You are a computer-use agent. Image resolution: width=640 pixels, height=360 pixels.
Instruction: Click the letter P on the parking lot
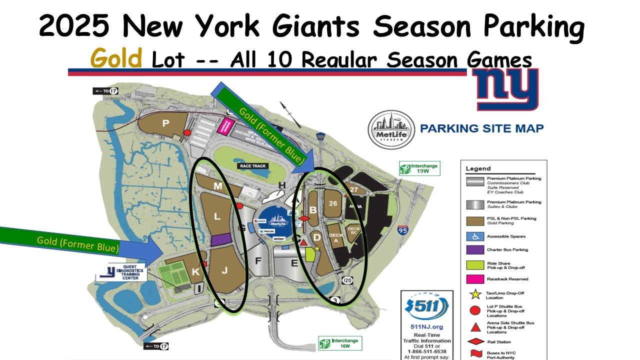click(165, 122)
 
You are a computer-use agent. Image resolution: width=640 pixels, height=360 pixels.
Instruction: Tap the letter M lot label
click(218, 186)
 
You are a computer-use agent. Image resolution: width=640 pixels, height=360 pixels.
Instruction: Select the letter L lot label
click(217, 216)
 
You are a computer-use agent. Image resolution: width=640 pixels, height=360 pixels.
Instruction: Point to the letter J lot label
click(224, 270)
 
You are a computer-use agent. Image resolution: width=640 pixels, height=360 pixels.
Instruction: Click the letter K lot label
click(196, 272)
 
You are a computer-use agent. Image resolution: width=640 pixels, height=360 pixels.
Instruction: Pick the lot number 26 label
click(334, 203)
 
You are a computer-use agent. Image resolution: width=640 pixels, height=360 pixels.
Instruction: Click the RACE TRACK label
click(253, 166)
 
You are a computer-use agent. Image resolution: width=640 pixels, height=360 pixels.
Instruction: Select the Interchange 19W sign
click(420, 168)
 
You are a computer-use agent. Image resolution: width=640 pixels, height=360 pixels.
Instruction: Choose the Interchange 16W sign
click(340, 343)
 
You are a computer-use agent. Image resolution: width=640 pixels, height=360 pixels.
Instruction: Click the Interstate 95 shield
click(403, 230)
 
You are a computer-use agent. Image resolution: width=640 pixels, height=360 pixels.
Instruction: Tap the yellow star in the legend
click(476, 294)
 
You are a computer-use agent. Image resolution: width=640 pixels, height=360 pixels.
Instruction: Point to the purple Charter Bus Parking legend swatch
click(476, 249)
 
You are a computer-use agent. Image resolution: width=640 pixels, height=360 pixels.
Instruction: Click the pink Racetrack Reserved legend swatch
click(476, 279)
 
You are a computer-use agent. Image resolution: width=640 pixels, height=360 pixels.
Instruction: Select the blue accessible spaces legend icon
click(476, 236)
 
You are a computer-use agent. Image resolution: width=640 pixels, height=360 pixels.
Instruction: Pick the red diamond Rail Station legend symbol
click(476, 342)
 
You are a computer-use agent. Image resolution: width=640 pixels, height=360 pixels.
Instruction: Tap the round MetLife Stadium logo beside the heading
click(391, 129)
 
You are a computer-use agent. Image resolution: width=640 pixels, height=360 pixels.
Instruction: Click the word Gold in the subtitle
click(116, 59)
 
